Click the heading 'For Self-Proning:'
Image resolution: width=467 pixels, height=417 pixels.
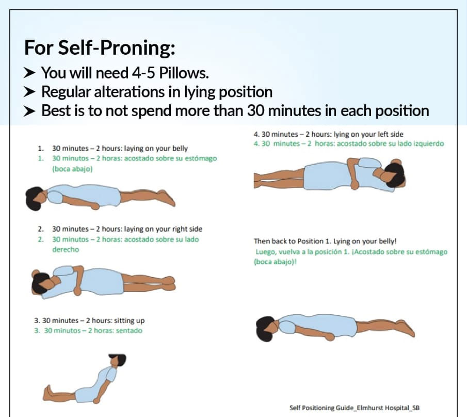[x=100, y=48]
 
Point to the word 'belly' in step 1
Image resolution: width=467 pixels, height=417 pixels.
[x=178, y=149]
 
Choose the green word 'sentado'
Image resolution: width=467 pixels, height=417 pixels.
[x=128, y=330]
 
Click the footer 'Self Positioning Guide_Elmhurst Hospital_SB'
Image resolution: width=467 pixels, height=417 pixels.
[x=355, y=407]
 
